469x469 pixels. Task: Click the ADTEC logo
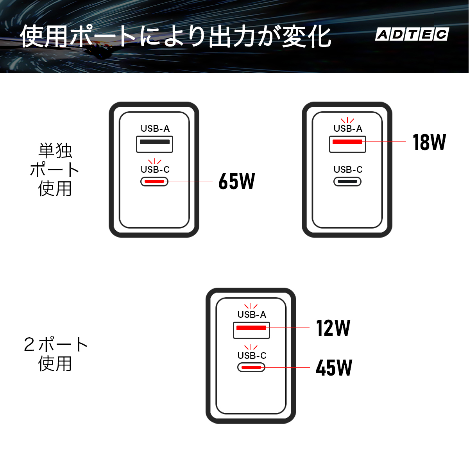(x=412, y=34)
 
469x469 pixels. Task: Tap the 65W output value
(x=237, y=181)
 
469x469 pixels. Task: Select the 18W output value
(x=429, y=142)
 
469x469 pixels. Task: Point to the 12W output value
(x=333, y=328)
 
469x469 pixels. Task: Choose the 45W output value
(x=334, y=368)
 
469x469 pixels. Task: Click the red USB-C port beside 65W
(x=154, y=182)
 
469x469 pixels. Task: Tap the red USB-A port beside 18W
(x=347, y=144)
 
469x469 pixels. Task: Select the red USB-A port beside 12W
(x=251, y=330)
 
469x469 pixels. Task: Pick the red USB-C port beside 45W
(x=251, y=367)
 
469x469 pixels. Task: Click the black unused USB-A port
(x=154, y=144)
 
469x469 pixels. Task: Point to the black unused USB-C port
(x=347, y=182)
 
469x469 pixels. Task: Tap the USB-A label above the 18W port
(x=348, y=129)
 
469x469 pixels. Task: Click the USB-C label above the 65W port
(x=155, y=169)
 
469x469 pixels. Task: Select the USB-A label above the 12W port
(x=252, y=315)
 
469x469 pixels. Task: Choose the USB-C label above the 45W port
(x=252, y=355)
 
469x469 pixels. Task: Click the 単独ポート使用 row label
(x=55, y=170)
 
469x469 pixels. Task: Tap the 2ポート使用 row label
(x=55, y=354)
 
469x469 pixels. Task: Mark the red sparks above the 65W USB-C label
(x=155, y=161)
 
